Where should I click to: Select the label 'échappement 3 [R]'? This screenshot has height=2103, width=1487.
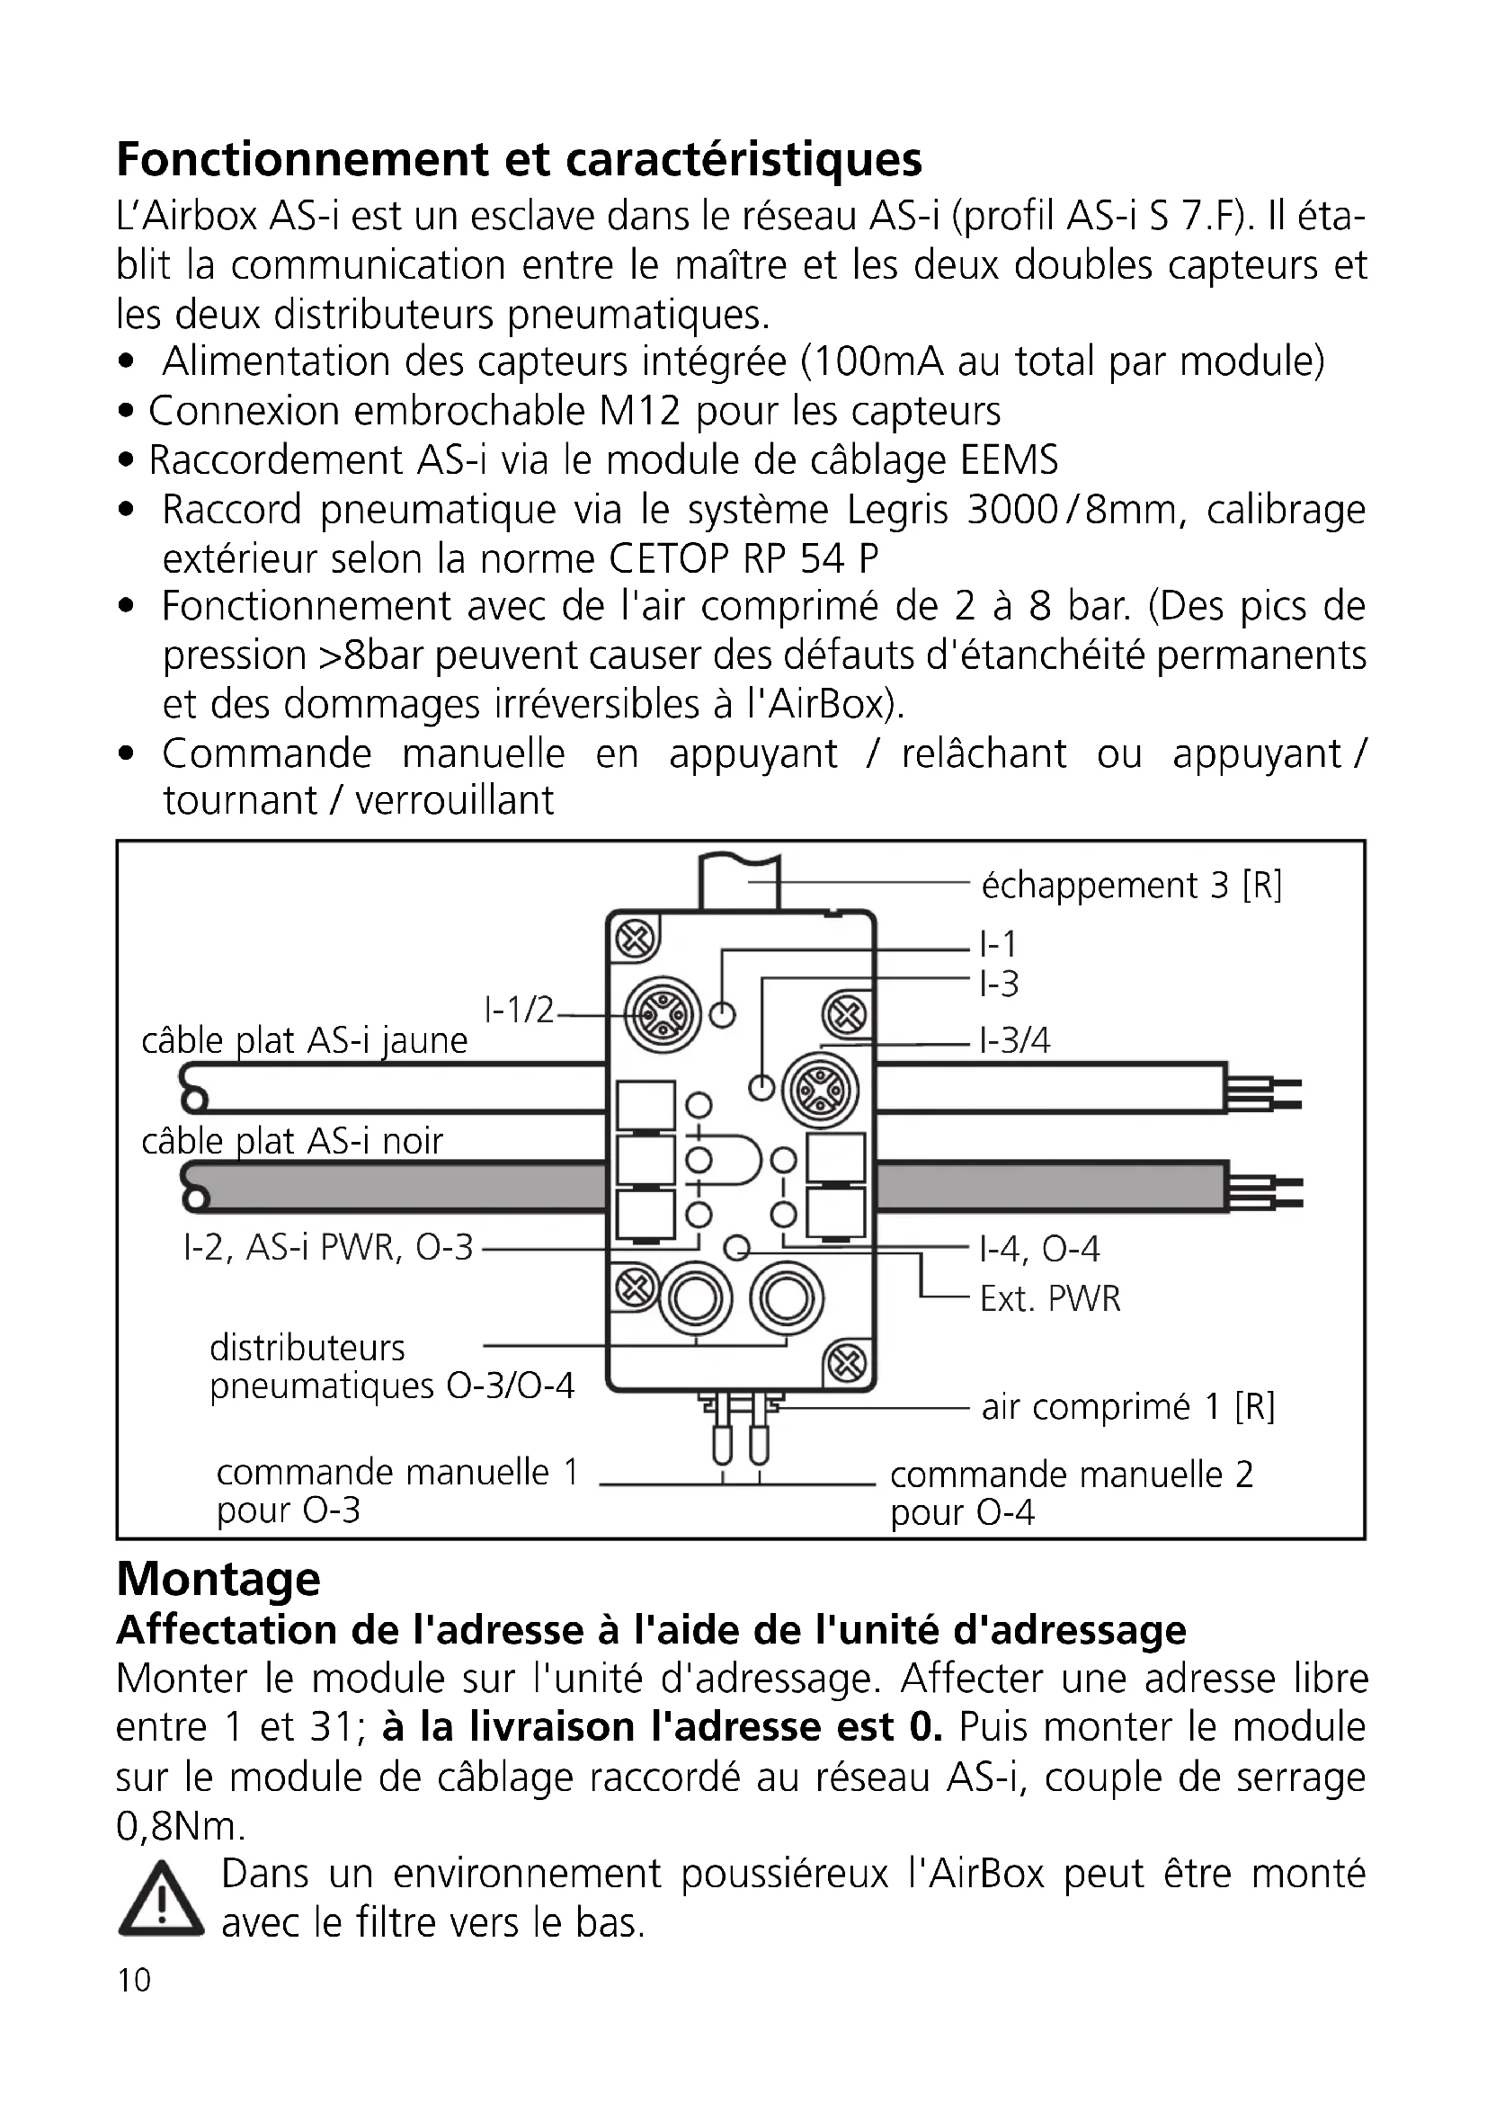click(x=1131, y=886)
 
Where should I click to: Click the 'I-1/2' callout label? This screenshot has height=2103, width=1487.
click(x=519, y=1010)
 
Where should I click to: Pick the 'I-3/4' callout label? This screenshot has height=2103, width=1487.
click(x=1014, y=1040)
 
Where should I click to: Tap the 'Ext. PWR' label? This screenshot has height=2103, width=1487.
click(x=1049, y=1299)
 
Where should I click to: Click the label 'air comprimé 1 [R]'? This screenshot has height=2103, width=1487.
click(x=1127, y=1407)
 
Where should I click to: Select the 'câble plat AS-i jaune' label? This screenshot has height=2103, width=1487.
click(x=304, y=1041)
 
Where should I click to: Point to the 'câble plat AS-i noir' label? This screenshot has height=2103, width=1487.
click(x=292, y=1141)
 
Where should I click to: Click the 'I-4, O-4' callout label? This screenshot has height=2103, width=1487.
click(x=1039, y=1249)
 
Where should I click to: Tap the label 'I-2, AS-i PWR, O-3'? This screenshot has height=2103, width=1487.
click(x=328, y=1248)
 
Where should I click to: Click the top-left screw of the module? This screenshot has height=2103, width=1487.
click(x=637, y=940)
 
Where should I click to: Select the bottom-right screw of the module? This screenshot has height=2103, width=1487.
click(x=846, y=1365)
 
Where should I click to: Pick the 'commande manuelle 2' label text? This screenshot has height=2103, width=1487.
click(x=1072, y=1475)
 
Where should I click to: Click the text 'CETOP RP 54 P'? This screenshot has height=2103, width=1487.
click(x=743, y=557)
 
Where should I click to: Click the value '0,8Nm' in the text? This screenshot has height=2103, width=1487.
click(x=180, y=1826)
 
